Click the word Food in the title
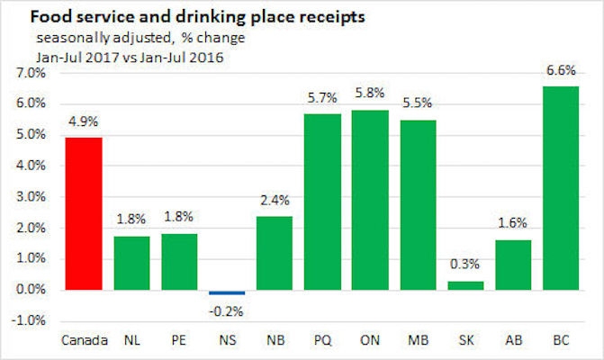point(48,16)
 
